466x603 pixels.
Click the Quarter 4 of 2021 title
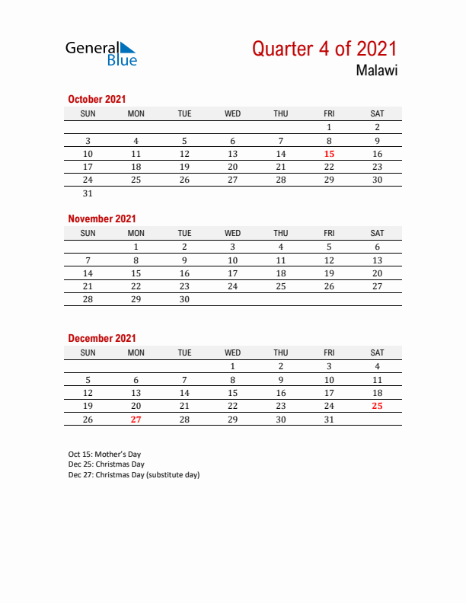tap(324, 49)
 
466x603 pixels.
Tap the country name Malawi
tap(376, 71)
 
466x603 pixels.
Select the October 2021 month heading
tap(97, 99)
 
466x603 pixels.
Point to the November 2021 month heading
tap(102, 219)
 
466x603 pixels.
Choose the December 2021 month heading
tap(102, 338)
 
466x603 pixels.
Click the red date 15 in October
tap(329, 154)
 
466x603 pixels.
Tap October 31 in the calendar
tap(88, 193)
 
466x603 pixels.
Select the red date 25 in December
tap(377, 406)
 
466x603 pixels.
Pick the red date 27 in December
tap(136, 420)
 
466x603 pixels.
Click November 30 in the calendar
tap(184, 300)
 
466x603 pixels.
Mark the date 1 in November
tap(136, 247)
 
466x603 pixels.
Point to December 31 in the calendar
tap(329, 420)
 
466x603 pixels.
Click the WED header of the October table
tap(232, 113)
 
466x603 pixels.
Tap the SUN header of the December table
tap(88, 353)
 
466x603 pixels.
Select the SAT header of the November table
tap(377, 233)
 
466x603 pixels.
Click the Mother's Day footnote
tap(104, 454)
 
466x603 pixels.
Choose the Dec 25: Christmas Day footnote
tap(106, 464)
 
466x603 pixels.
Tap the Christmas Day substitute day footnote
tap(133, 474)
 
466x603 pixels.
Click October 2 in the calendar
tap(377, 127)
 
